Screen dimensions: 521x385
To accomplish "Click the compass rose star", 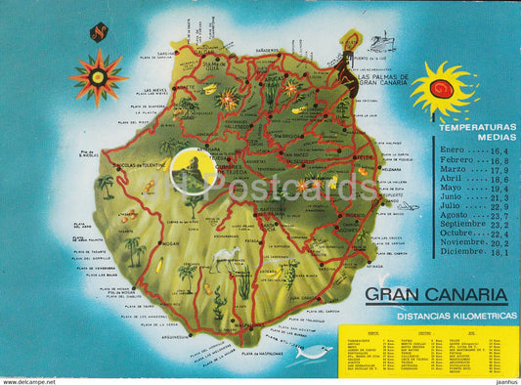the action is (97, 76).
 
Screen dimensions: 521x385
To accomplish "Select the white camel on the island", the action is (226, 257).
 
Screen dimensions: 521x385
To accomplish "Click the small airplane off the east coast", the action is (408, 206).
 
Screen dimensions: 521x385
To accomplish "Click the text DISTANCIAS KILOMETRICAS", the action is (436, 315).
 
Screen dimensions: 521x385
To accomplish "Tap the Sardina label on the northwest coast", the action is (166, 55).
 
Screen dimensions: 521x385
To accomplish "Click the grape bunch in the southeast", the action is (287, 269).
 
